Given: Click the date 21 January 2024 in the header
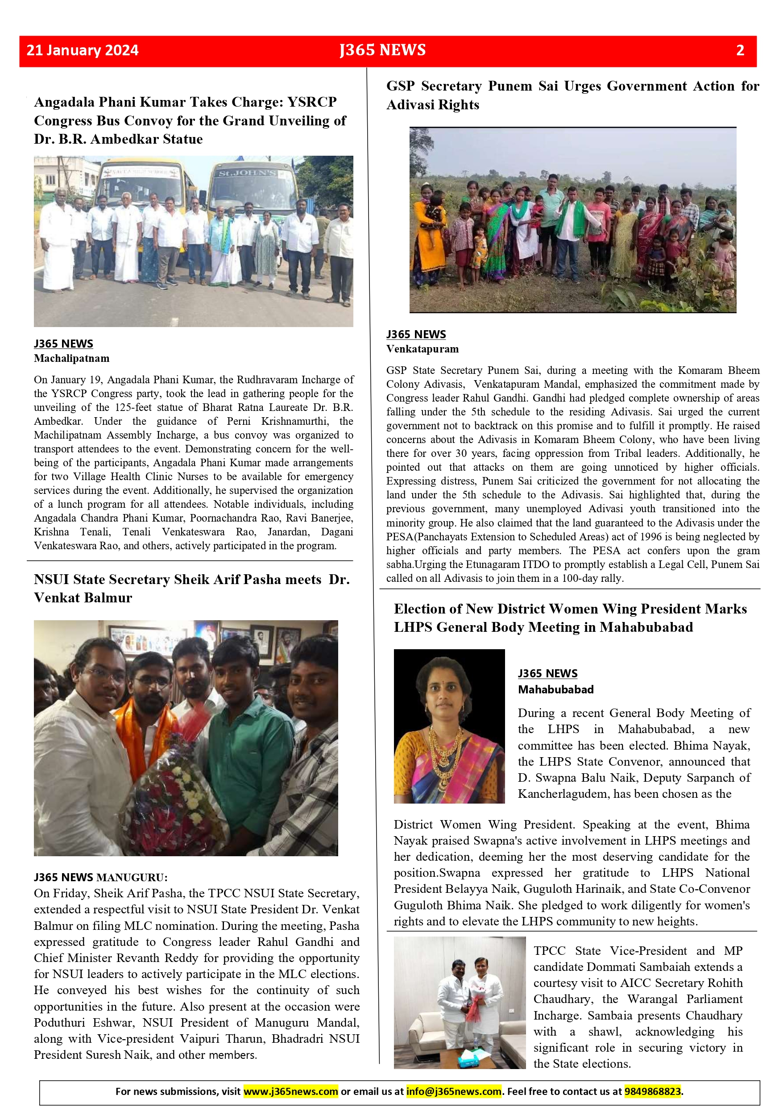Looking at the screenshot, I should (83, 50).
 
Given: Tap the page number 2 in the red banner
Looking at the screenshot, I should (740, 50).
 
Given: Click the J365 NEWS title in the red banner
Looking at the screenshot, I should (382, 50).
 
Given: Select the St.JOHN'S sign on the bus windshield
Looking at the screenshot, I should (247, 173).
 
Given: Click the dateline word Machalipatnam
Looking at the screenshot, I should (71, 358).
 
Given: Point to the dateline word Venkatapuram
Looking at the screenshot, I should (423, 348).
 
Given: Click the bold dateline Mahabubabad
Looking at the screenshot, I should (555, 689).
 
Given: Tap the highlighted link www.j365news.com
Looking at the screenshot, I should (290, 1091).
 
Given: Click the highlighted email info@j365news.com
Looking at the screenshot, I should (454, 1091).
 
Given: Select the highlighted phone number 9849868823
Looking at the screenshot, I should (652, 1091).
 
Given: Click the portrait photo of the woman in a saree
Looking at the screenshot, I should (449, 726).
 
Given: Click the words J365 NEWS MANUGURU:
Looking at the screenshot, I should (100, 877).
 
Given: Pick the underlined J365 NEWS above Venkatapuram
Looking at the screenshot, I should (416, 335).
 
